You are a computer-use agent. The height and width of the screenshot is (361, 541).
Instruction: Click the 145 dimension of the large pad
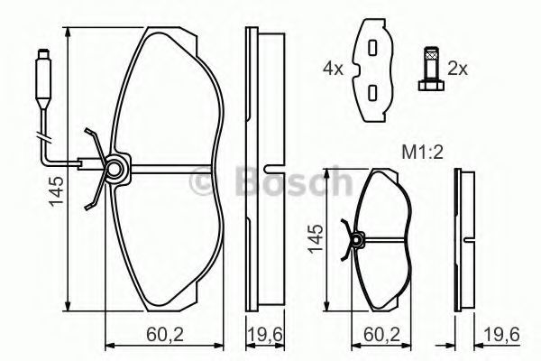click(x=56, y=191)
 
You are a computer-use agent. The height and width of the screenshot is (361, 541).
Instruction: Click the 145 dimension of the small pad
click(x=316, y=238)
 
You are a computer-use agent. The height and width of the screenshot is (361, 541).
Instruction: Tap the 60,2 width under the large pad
click(x=165, y=334)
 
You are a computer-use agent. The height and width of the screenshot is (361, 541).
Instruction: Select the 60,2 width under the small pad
click(x=382, y=334)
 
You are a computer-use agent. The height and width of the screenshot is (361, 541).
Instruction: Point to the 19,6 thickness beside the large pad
click(x=265, y=334)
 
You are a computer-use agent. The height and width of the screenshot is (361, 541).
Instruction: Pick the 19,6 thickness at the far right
click(x=501, y=334)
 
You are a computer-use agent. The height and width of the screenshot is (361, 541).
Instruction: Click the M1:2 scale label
click(x=422, y=152)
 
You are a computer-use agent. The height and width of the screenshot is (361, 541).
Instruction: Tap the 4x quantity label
click(x=333, y=69)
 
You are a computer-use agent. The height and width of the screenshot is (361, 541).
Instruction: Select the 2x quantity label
click(x=457, y=69)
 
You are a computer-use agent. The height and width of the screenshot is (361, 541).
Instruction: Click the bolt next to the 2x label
click(x=431, y=69)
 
